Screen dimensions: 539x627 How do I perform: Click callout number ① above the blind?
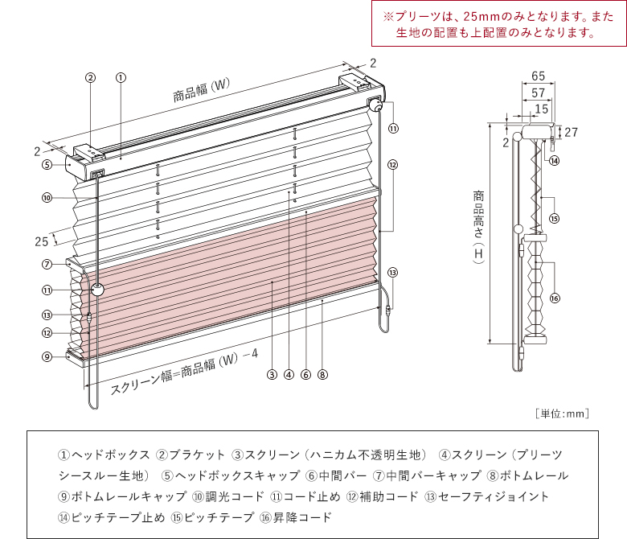click(120, 78)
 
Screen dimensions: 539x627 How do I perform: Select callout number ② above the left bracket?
click(91, 78)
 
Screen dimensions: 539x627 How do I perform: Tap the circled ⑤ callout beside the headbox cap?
click(47, 164)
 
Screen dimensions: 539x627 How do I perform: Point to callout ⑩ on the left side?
click(47, 197)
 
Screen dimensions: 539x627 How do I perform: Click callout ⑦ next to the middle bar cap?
click(47, 263)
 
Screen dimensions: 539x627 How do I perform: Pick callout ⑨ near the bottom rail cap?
click(47, 356)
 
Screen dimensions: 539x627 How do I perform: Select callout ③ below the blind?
click(273, 374)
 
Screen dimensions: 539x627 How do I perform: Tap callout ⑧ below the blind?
click(322, 374)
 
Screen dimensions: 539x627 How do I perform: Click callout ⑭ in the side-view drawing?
click(555, 160)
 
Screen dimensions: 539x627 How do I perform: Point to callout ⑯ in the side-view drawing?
click(555, 298)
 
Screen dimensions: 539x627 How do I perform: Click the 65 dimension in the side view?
click(539, 76)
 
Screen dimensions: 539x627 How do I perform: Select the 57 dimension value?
click(539, 93)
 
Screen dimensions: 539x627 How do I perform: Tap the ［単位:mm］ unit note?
click(562, 414)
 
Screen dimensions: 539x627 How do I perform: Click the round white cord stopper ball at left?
click(98, 290)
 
